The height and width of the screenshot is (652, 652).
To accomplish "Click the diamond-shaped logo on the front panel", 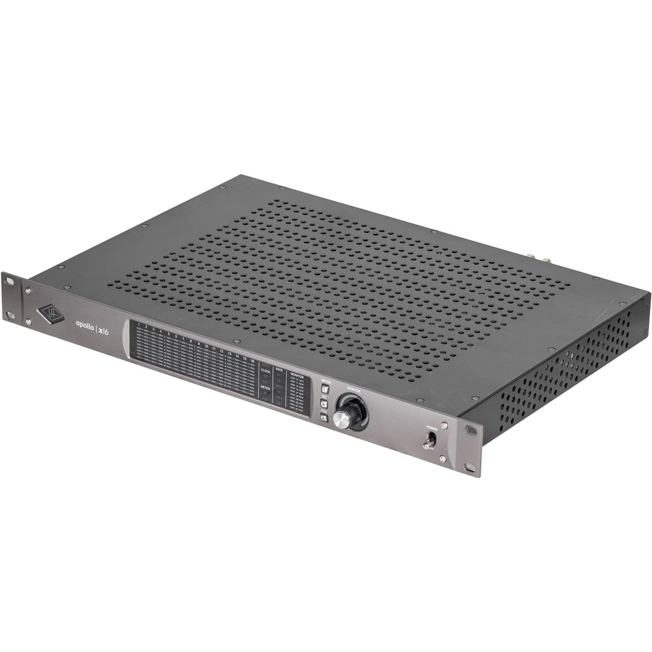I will [x=50, y=314].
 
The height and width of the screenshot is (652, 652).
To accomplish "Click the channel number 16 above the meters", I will [x=252, y=360].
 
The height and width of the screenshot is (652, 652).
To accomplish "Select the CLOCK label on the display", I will [x=265, y=370].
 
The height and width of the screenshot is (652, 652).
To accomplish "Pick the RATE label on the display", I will [x=280, y=370].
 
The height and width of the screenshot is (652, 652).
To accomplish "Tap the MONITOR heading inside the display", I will [x=297, y=376].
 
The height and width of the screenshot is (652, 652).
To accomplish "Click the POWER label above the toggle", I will [x=432, y=428].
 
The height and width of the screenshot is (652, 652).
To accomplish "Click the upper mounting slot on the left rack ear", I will [x=9, y=281].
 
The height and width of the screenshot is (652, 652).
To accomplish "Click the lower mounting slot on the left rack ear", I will [x=10, y=315].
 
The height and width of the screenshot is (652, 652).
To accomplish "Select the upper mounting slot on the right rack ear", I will [x=471, y=430].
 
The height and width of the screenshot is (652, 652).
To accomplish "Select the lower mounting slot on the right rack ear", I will [x=470, y=467].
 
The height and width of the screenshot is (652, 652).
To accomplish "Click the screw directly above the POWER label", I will [x=444, y=425].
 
